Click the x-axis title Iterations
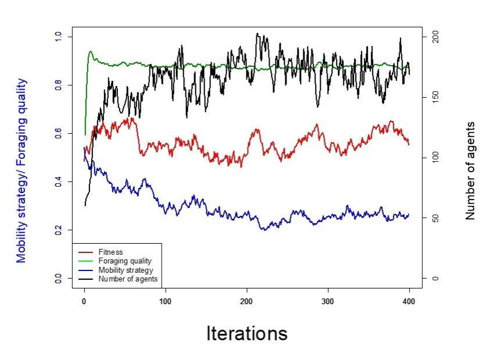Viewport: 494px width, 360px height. coord(246,333)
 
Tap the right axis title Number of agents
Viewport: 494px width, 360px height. coord(470,170)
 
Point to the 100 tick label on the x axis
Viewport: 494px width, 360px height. coord(165,302)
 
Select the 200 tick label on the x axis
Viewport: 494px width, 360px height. coord(246,302)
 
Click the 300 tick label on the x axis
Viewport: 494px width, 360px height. coord(328,302)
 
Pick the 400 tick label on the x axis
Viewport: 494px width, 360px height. coord(409,302)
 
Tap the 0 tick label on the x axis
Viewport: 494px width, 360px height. coord(84,302)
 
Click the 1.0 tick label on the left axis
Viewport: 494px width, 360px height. coord(57,37)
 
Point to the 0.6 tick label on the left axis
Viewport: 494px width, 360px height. coord(57,134)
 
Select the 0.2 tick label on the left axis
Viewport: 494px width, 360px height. coord(57,230)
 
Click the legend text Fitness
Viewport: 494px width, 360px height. coord(110,252)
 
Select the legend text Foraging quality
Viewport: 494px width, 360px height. coord(125,261)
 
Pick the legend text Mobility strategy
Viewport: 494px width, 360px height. coord(126,270)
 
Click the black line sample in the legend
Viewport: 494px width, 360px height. coord(85,279)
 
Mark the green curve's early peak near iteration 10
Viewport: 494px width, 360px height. coord(91,52)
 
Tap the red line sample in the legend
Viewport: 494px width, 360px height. coord(85,252)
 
